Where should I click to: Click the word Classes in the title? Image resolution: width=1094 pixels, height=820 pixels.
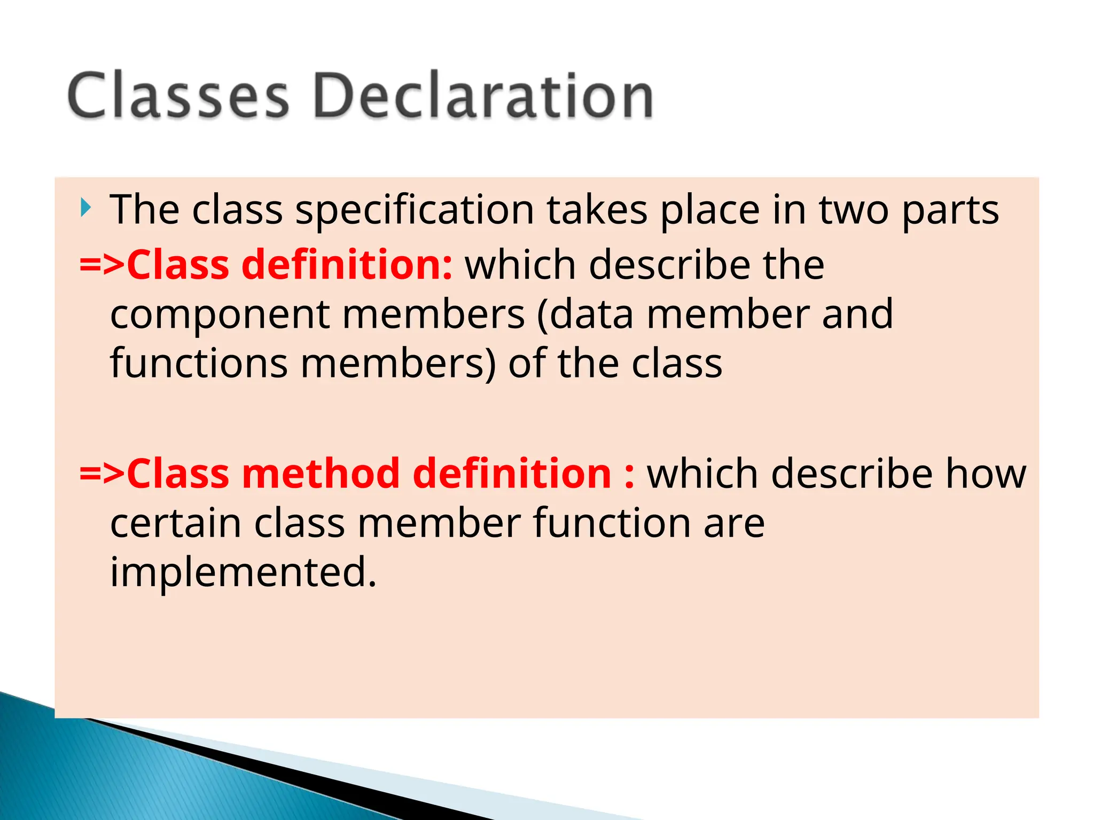pyautogui.click(x=178, y=96)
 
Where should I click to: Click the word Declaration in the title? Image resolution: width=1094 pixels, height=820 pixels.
pyautogui.click(x=483, y=96)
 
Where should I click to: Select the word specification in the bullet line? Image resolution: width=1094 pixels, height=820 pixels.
pyautogui.click(x=415, y=210)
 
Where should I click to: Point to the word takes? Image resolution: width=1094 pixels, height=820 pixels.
pyautogui.click(x=597, y=210)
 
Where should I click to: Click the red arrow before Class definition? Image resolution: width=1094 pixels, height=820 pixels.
pyautogui.click(x=102, y=265)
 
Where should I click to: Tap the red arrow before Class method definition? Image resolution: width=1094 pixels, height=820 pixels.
pyautogui.click(x=102, y=474)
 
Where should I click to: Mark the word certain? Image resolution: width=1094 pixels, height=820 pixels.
pyautogui.click(x=176, y=523)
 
